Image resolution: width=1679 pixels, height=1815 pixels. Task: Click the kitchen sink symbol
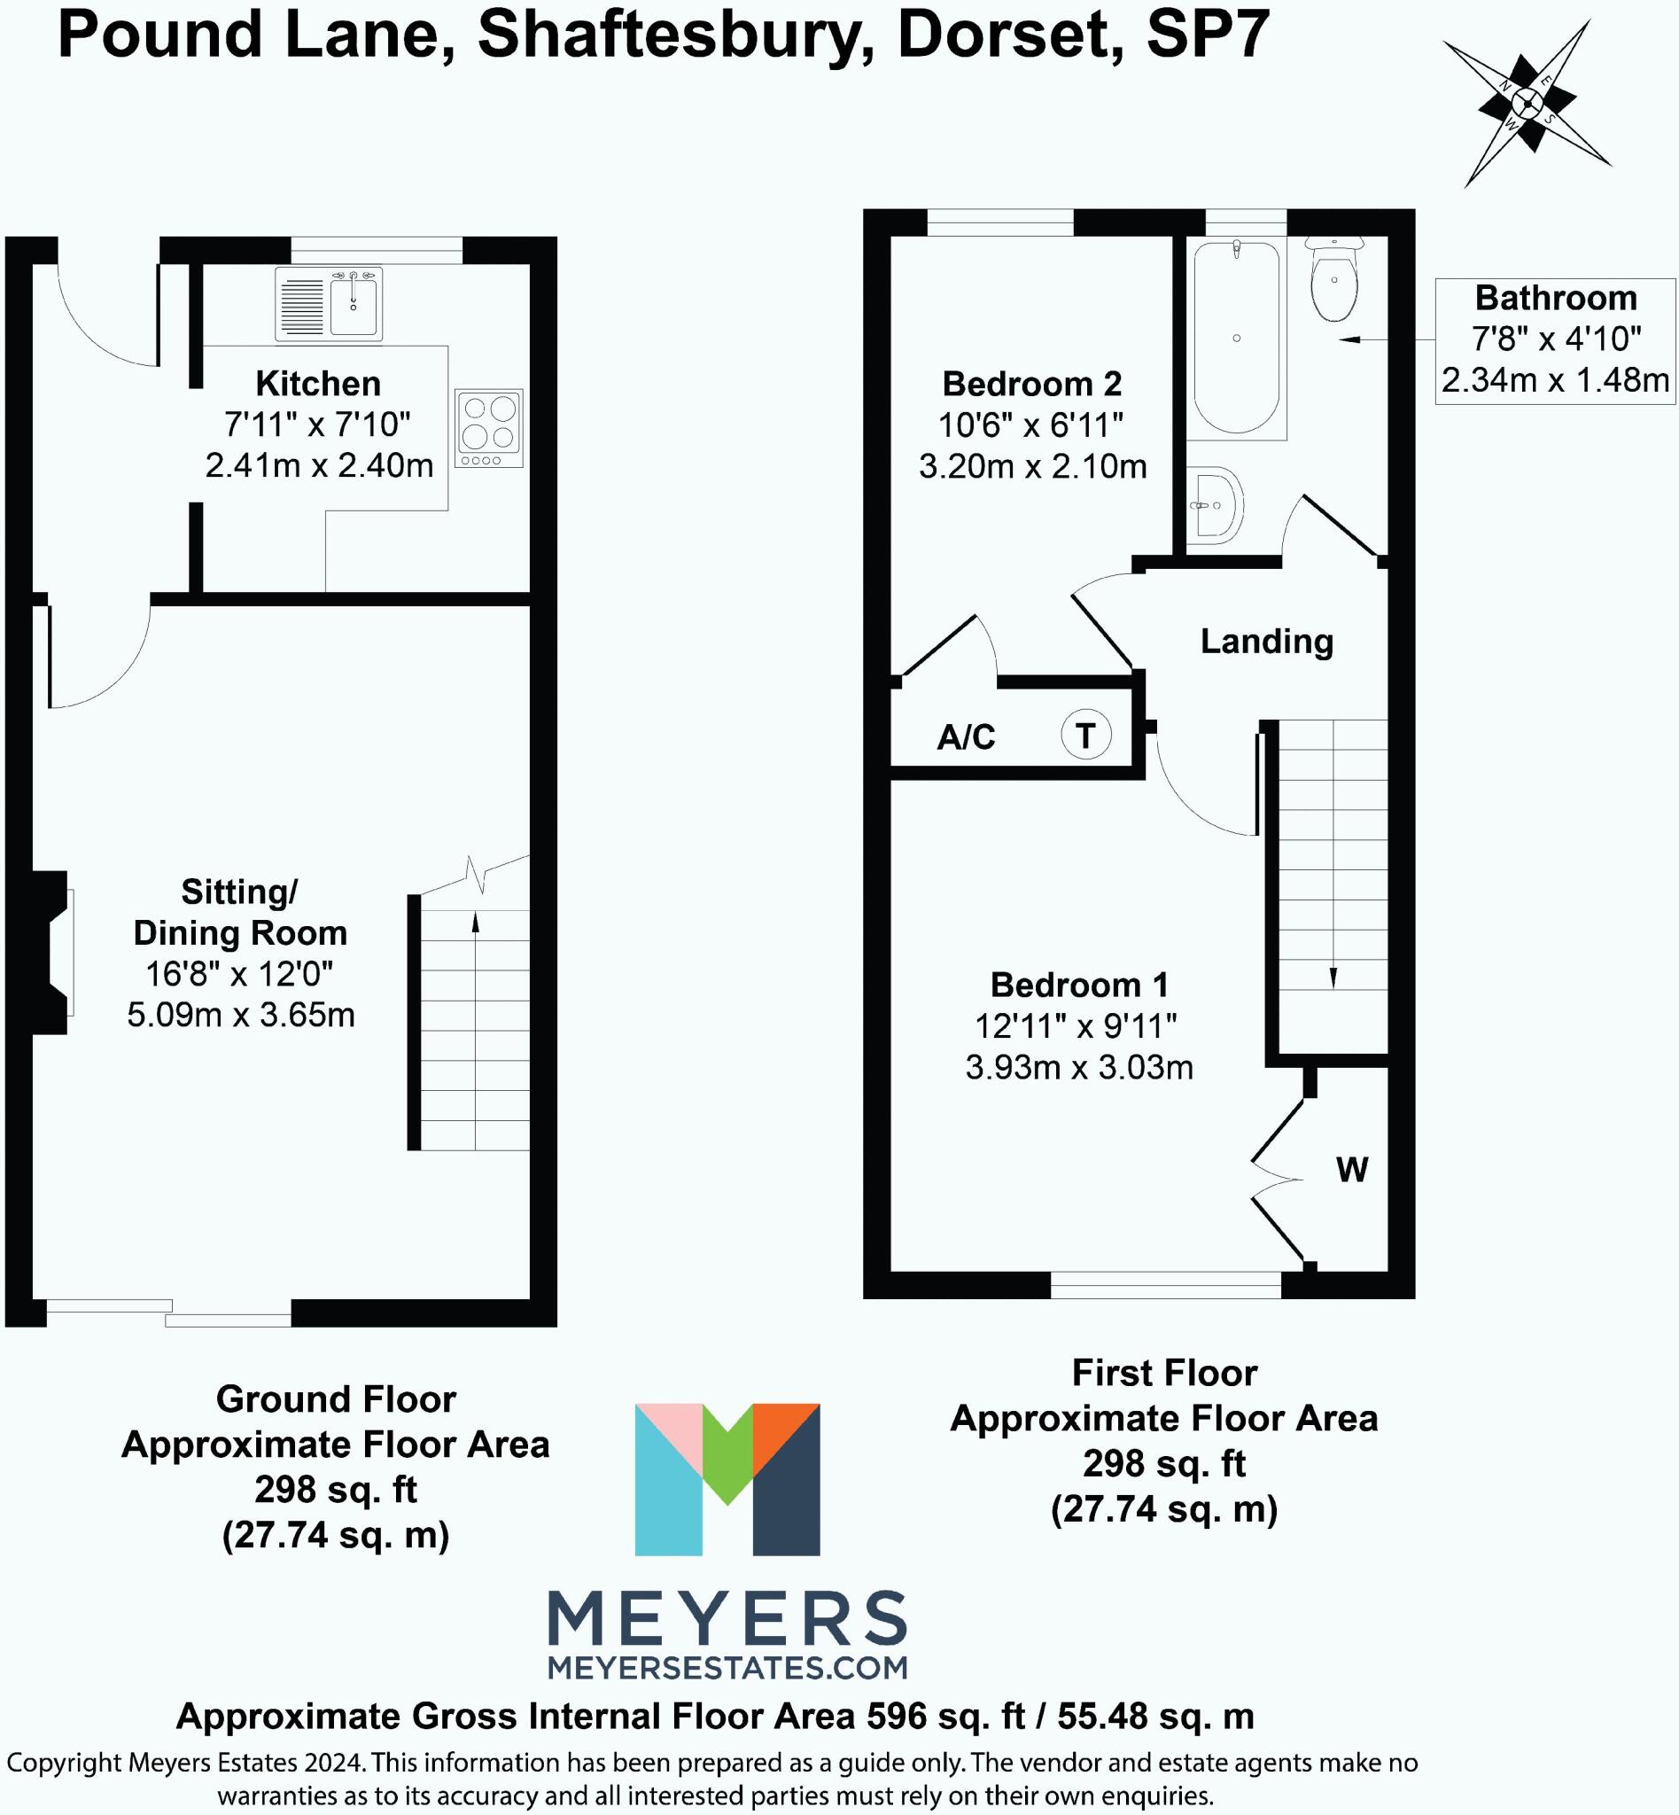point(329,305)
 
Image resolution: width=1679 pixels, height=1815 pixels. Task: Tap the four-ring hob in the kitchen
point(490,428)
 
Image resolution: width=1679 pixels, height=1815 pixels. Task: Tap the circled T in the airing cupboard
point(1085,735)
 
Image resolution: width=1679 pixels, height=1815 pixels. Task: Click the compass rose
point(1527,104)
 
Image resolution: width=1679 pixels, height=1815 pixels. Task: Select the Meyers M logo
point(727,1479)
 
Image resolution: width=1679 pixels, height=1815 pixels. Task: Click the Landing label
point(1266,642)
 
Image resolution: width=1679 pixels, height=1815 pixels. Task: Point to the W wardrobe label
point(1352,1170)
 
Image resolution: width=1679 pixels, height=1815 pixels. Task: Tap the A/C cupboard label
point(966,736)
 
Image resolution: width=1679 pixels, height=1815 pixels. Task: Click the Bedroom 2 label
point(1032,384)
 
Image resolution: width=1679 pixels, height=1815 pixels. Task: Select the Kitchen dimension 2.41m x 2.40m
point(319,465)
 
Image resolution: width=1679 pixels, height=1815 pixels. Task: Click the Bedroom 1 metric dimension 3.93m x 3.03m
point(1079,1067)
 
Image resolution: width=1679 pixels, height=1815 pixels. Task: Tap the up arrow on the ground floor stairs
point(475,923)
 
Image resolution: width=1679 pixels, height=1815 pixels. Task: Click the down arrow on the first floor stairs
point(1333,977)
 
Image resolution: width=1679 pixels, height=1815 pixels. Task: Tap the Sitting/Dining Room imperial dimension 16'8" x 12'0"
point(240,974)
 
